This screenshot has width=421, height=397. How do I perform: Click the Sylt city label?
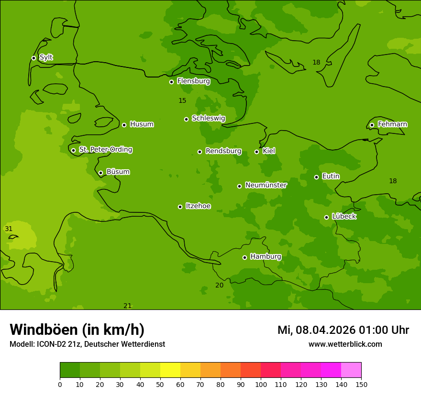point(46,57)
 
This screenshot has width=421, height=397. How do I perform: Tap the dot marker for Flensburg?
point(171,82)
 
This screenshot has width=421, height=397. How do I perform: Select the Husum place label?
point(142,124)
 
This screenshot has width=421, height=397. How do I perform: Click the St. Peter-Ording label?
point(106,150)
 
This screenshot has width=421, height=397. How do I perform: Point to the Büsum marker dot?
point(100,173)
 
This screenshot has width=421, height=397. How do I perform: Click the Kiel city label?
point(269,151)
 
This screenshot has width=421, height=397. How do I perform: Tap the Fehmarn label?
point(392,124)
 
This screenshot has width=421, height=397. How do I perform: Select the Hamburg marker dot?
point(244,257)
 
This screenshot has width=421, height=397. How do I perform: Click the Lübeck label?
point(344,217)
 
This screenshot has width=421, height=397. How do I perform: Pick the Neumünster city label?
point(266,185)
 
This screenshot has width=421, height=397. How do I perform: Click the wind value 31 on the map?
point(9,229)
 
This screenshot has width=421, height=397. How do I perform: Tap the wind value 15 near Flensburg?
point(182,100)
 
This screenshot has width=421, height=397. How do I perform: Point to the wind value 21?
point(127,306)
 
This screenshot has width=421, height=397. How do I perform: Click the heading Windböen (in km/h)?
point(77,330)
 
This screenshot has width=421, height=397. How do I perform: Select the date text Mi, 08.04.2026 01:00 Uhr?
point(343,330)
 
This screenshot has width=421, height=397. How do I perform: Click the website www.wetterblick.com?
point(345,344)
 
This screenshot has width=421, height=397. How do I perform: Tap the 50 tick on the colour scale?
point(160,384)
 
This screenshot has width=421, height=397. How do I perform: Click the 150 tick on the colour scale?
point(361,384)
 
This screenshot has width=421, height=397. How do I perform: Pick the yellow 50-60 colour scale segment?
point(170,370)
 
